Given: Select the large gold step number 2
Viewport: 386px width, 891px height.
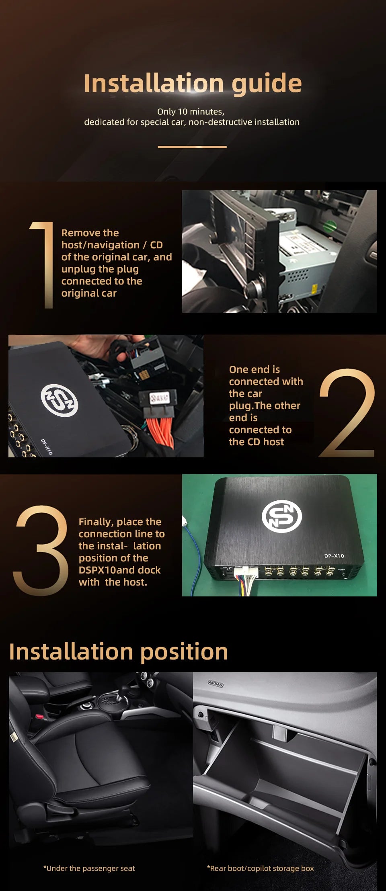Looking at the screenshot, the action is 347,413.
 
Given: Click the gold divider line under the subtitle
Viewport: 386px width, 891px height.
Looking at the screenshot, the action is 192,147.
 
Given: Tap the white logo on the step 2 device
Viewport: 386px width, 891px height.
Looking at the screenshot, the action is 59,400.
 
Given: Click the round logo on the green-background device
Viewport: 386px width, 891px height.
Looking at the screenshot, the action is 281,516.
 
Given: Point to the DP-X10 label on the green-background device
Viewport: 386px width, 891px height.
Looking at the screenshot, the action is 334,556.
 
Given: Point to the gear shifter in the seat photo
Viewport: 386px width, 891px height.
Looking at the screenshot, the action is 86,706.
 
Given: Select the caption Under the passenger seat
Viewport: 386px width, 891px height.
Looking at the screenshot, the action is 89,868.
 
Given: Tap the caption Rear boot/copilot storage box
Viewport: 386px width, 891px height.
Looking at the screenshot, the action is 260,868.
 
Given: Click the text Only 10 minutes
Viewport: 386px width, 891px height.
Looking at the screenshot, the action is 191,112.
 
